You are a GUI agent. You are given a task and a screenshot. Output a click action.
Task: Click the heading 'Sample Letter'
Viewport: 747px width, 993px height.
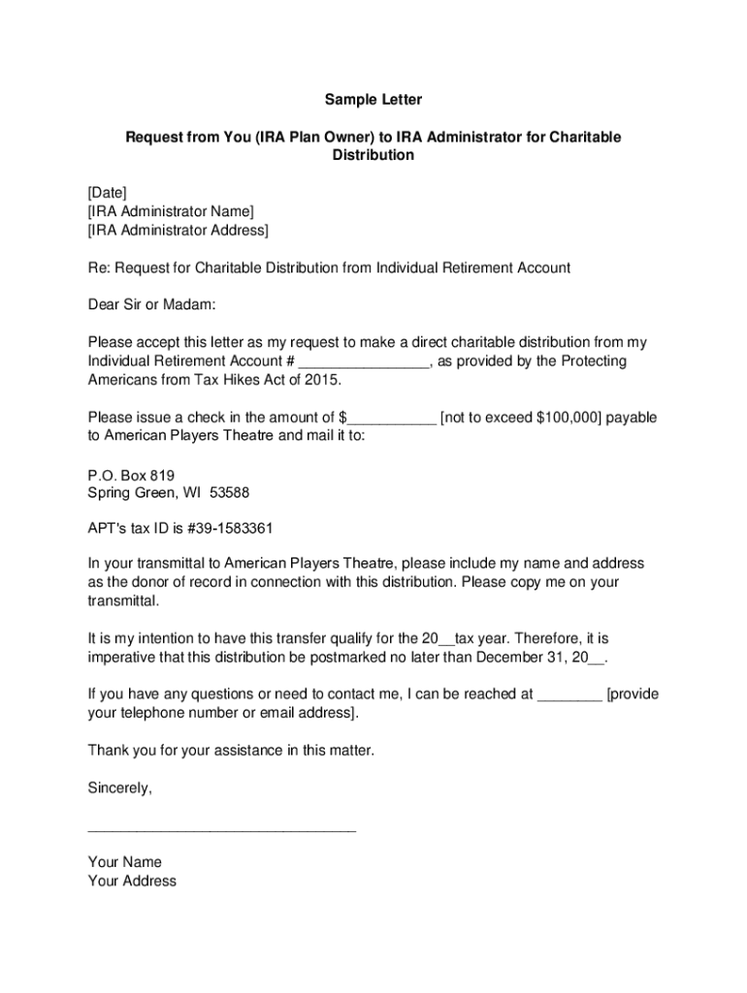point(373,100)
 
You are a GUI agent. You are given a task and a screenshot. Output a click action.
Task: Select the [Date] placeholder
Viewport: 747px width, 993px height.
point(107,192)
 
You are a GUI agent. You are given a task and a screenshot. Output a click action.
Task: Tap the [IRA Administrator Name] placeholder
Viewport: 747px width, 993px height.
point(171,211)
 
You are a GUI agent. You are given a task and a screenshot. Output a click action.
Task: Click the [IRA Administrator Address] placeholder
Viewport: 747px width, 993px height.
point(178,230)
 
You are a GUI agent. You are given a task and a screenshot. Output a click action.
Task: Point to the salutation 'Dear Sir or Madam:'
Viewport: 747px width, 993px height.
point(150,304)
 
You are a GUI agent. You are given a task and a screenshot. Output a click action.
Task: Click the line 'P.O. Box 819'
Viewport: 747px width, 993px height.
point(131,474)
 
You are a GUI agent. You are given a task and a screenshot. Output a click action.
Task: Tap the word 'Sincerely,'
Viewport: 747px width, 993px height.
point(120,788)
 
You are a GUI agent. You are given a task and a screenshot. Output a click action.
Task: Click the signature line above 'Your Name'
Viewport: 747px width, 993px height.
point(221,831)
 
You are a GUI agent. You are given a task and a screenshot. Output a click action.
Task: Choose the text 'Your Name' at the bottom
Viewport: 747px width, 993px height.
point(124,862)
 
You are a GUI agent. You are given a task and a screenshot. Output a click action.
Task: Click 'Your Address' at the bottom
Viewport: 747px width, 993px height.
point(132,881)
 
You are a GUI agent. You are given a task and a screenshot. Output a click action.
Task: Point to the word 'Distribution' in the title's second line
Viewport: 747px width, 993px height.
point(373,155)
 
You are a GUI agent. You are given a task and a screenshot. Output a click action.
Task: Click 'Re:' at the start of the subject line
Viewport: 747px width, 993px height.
point(99,267)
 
